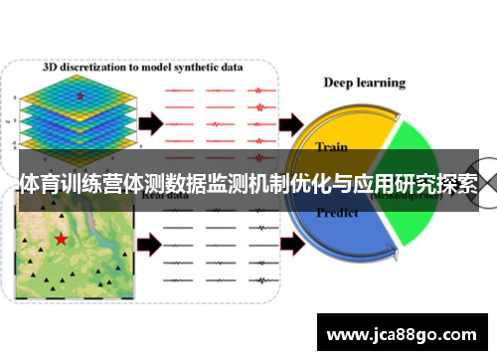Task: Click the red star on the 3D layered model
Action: click(x=80, y=95)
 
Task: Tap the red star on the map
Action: click(x=62, y=239)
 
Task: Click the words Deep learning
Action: click(x=365, y=83)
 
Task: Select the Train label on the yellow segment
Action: click(x=331, y=146)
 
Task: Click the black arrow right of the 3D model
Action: click(x=148, y=123)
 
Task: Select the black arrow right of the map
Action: click(x=148, y=242)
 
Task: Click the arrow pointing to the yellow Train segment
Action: click(x=292, y=123)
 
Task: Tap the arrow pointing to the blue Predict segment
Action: click(x=292, y=242)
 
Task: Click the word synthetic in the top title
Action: click(x=199, y=69)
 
